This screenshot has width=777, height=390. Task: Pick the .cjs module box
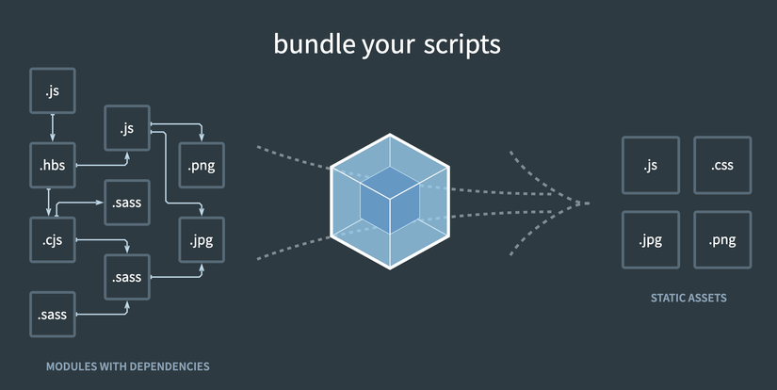click(52, 239)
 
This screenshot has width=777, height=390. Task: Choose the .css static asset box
click(722, 166)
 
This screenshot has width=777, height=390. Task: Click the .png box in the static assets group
click(722, 239)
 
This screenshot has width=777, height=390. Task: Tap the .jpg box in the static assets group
click(650, 239)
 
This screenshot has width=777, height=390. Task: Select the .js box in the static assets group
click(650, 166)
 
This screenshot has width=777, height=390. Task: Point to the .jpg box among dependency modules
click(201, 239)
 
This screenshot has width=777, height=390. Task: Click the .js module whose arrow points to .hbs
click(52, 91)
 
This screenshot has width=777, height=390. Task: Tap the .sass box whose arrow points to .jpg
click(126, 277)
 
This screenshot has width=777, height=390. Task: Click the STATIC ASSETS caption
click(688, 299)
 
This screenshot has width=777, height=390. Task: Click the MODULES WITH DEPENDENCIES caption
click(128, 366)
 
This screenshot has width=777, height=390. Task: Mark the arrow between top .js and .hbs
click(52, 128)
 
